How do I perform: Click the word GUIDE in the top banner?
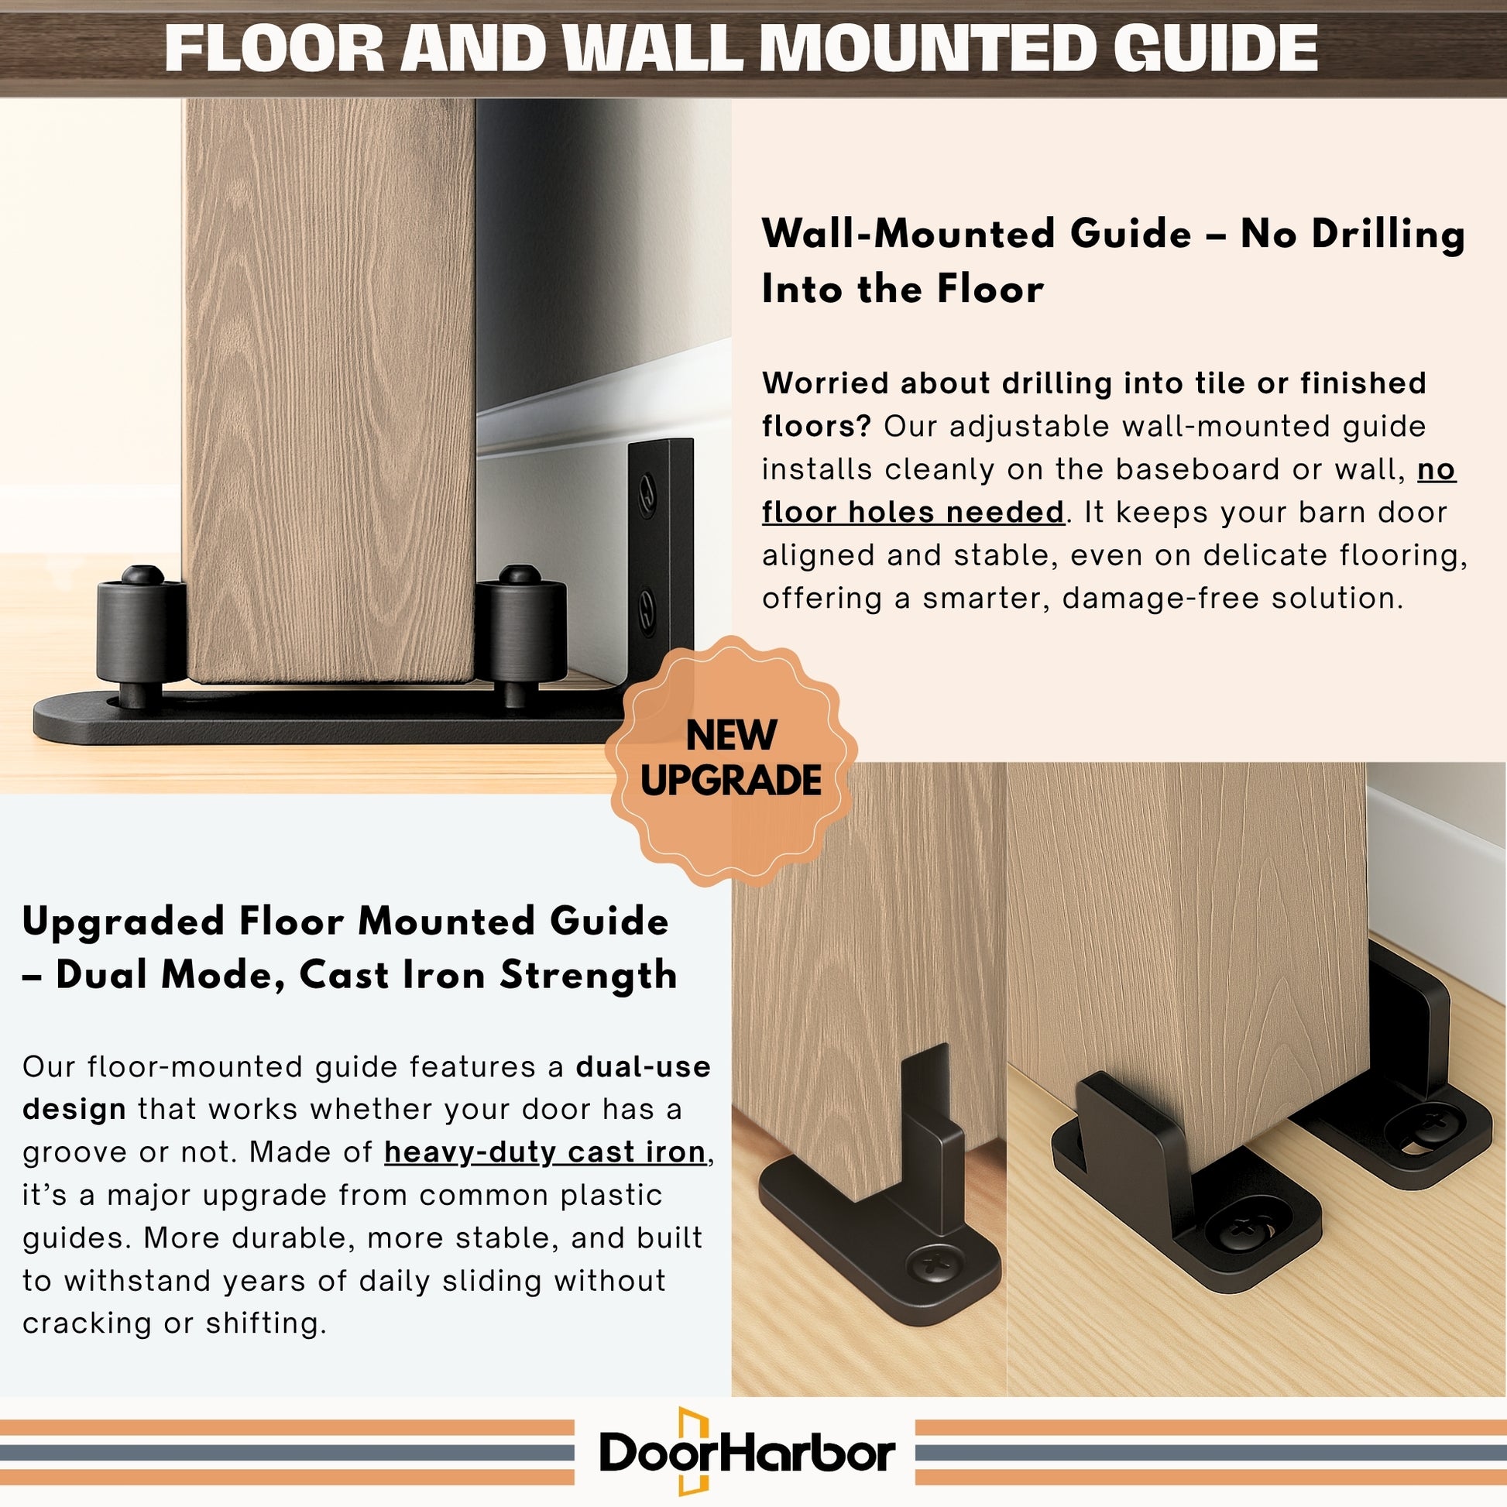pos(1214,48)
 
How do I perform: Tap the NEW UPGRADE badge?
pos(731,760)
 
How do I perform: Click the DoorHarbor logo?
pos(747,1452)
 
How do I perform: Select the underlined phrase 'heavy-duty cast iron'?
pos(545,1152)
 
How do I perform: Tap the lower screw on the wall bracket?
pos(647,611)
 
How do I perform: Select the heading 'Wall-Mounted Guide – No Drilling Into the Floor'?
pos(1114,261)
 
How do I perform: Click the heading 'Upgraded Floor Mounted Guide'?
pos(345,922)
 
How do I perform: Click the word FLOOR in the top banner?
pos(274,48)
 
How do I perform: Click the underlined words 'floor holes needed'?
pos(912,513)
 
